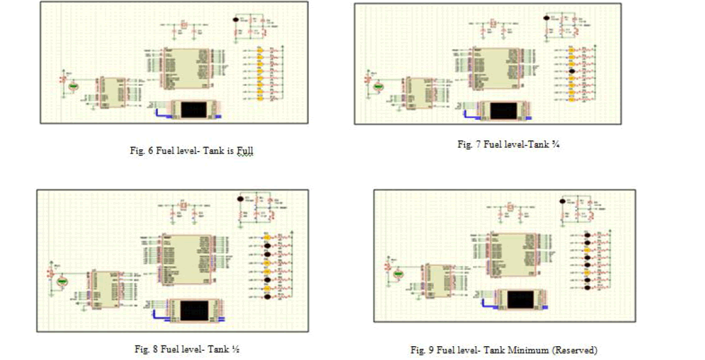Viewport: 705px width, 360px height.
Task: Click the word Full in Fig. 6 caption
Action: tap(245, 151)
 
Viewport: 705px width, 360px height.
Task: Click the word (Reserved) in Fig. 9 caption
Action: tap(575, 350)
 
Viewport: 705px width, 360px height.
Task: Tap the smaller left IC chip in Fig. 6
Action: tap(112, 92)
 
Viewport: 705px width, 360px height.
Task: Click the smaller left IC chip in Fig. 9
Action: tap(435, 280)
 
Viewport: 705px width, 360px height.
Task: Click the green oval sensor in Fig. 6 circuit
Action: tap(73, 85)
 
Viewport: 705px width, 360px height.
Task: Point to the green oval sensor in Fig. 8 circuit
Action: tap(63, 281)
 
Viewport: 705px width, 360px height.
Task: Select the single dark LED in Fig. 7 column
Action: tap(572, 71)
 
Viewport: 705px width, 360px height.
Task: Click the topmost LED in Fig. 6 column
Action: tap(260, 50)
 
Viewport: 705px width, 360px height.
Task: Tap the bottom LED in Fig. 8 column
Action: tap(267, 297)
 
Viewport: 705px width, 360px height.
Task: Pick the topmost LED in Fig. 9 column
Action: tap(584, 235)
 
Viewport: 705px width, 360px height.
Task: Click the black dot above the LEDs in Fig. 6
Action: tap(237, 20)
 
